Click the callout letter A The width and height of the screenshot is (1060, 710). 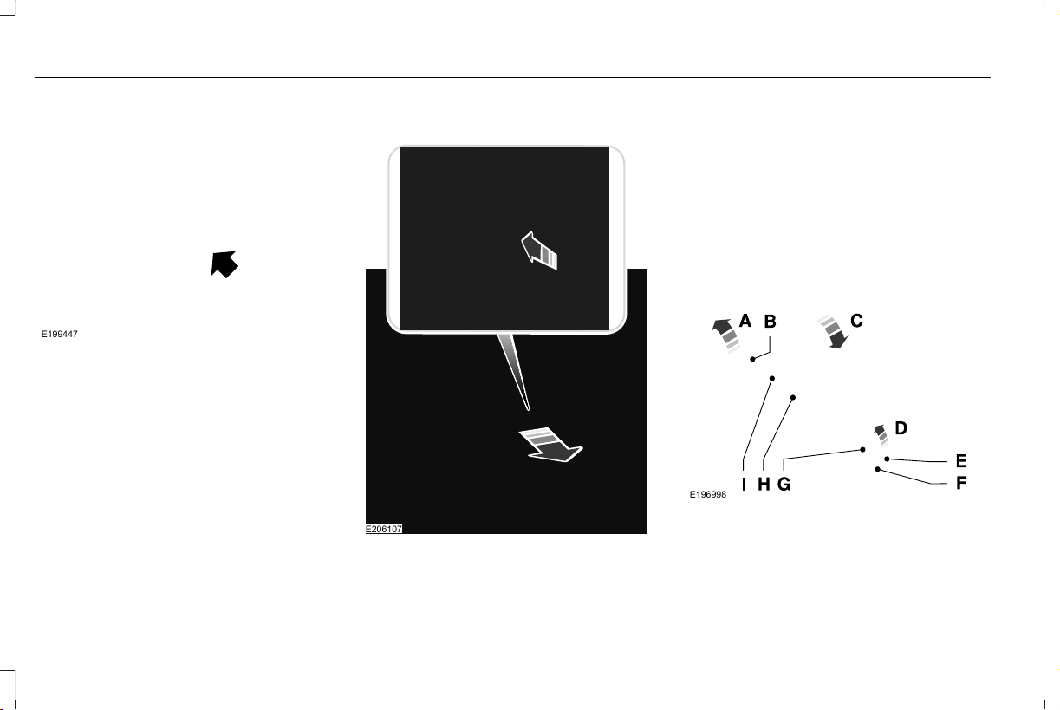pos(745,321)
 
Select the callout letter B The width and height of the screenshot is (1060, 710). pos(770,322)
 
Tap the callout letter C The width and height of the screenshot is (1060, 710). pos(856,321)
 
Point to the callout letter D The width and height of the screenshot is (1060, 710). pos(901,428)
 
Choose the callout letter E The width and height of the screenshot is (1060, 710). pos(961,461)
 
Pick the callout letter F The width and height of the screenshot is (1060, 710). pos(961,483)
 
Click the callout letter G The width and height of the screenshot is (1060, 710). pos(784,485)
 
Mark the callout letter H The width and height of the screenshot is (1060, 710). pos(764,485)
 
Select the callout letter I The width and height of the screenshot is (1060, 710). pos(744,485)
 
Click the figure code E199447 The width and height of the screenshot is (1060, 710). pos(60,334)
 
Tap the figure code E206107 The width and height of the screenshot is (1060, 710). pos(384,529)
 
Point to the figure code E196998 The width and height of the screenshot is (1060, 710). pos(708,495)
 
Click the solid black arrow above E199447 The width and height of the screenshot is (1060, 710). pos(224,264)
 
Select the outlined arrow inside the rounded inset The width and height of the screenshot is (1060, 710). pos(539,251)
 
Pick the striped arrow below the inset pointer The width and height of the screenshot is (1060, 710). pos(550,445)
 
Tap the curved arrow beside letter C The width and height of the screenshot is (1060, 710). pos(833,331)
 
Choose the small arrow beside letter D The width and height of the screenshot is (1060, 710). pos(881,435)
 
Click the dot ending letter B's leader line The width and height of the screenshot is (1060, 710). pos(752,359)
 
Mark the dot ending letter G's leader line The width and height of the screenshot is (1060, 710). pos(862,450)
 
